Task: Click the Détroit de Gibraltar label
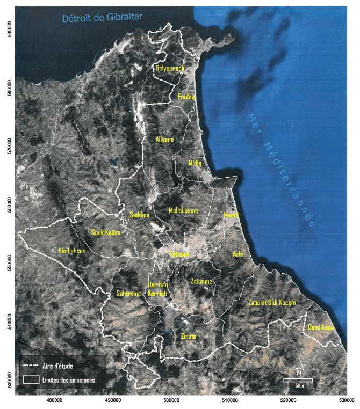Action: click(102, 18)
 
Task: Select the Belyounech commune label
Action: click(170, 69)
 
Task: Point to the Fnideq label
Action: click(186, 97)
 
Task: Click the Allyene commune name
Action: click(164, 140)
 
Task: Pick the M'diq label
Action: click(195, 163)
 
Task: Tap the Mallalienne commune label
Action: click(184, 210)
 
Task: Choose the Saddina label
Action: click(140, 215)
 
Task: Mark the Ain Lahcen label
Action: click(71, 250)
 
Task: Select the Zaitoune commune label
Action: click(201, 281)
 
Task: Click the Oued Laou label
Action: click(321, 327)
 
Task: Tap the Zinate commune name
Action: click(189, 337)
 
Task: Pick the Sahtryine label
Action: click(128, 294)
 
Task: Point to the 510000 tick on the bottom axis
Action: click(229, 400)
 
